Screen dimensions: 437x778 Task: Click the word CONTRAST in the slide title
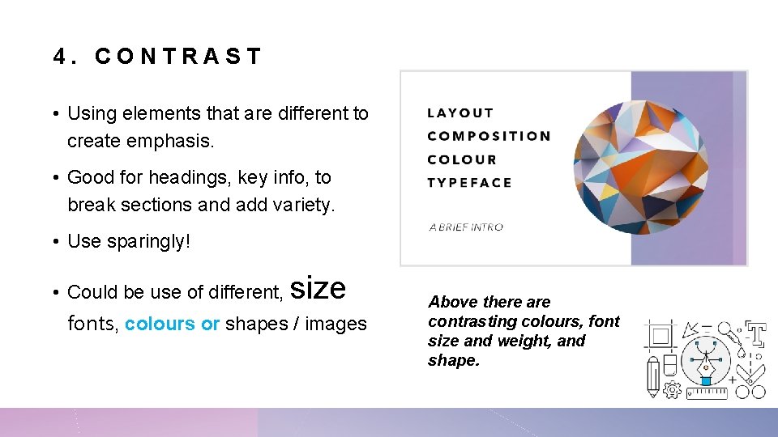178,57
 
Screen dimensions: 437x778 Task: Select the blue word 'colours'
160,324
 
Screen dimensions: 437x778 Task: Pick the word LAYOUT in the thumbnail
460,113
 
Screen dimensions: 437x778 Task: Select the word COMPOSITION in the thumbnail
489,136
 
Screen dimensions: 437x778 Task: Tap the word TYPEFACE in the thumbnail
469,182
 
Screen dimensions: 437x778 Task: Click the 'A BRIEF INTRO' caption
466,227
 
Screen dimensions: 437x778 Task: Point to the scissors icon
752,384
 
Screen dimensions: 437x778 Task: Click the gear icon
672,390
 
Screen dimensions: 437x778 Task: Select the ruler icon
707,393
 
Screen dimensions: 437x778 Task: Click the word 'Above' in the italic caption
452,302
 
